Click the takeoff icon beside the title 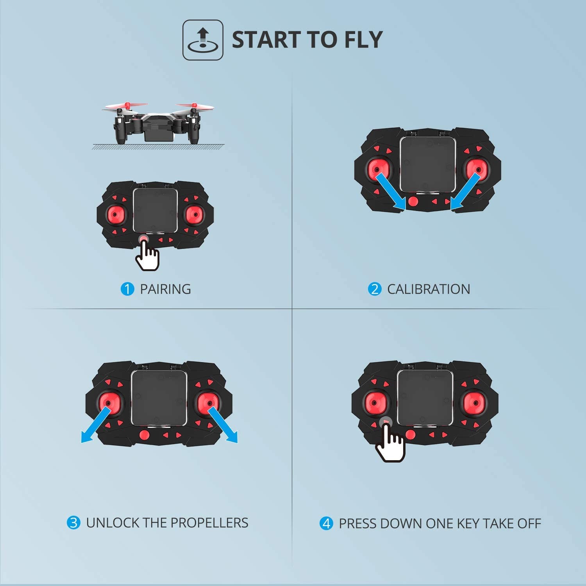coord(203,40)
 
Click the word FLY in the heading coord(363,40)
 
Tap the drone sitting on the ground coord(158,123)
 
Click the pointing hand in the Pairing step coord(148,255)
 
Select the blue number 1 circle coord(127,289)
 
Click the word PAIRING coord(165,289)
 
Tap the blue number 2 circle coord(374,289)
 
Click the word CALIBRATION coord(429,289)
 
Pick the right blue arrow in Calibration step coord(465,191)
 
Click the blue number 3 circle coord(73,523)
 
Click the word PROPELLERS coord(209,523)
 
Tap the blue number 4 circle coord(326,523)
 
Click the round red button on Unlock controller coord(144,435)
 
